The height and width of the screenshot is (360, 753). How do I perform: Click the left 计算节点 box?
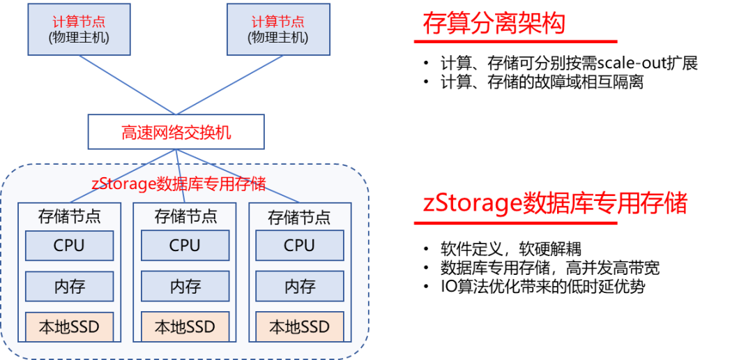79,29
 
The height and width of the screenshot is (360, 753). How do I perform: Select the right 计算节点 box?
277,29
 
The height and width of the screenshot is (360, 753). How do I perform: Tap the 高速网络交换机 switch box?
176,132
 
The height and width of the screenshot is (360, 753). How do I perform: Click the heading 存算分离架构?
493,24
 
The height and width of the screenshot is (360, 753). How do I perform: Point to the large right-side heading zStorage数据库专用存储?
555,204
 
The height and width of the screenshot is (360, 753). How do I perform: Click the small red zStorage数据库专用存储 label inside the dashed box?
178,183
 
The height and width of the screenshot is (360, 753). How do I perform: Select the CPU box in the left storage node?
69,246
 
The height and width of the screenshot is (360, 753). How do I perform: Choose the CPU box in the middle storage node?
185,246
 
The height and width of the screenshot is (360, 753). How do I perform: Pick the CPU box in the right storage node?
300,246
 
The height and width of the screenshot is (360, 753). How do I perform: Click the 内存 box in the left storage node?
69,286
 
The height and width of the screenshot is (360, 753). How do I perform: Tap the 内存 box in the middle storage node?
185,286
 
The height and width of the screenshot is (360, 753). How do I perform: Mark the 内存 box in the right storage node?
300,286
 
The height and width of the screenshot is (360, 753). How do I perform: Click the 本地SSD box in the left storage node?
69,327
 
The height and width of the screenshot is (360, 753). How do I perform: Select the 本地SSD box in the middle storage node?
185,327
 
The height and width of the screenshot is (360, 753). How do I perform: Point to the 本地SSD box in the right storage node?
300,327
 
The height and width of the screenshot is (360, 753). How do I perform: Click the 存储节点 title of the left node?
69,216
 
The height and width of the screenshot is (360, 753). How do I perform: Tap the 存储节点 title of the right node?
300,217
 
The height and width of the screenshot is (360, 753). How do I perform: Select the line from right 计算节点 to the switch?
230,84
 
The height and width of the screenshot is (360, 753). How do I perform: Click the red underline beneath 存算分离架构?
516,41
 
